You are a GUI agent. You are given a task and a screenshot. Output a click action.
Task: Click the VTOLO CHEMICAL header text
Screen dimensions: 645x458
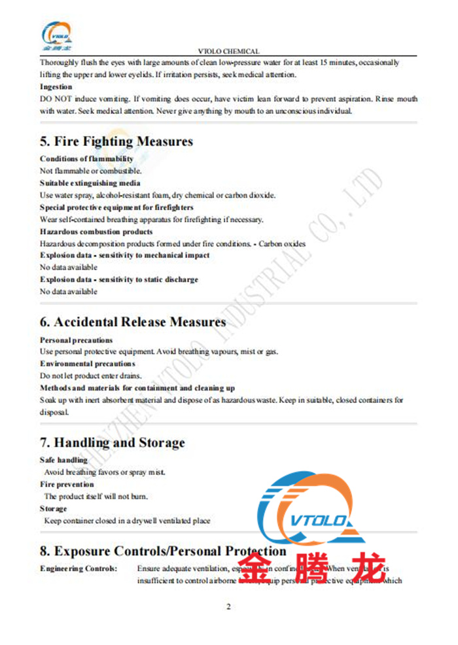coord(228,51)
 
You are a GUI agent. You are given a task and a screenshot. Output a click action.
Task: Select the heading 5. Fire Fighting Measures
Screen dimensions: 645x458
coord(116,141)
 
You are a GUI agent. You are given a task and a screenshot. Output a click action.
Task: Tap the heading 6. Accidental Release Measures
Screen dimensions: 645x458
coord(133,322)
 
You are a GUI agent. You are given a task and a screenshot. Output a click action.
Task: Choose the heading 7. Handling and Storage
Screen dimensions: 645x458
coord(112,443)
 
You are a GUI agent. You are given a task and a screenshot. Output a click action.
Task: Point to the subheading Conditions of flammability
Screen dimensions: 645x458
coord(86,159)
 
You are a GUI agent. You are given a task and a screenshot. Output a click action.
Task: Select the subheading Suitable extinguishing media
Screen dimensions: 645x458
coord(90,183)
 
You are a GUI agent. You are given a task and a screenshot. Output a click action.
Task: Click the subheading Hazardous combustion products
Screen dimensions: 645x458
coord(96,232)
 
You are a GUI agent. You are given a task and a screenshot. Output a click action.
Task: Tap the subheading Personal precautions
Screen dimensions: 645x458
coord(76,340)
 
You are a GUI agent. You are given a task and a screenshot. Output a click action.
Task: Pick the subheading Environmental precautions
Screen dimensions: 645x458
coord(87,364)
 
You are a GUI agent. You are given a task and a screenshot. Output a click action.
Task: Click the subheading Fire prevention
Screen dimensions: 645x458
coord(67,485)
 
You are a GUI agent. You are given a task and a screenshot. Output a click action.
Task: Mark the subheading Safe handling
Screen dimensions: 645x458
coord(63,461)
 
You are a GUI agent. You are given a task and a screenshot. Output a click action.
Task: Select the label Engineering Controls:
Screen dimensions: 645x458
coord(79,568)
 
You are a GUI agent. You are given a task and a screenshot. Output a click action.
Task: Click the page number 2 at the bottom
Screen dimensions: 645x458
coord(228,607)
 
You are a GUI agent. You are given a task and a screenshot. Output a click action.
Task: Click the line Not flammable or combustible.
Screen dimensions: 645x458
coord(82,171)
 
